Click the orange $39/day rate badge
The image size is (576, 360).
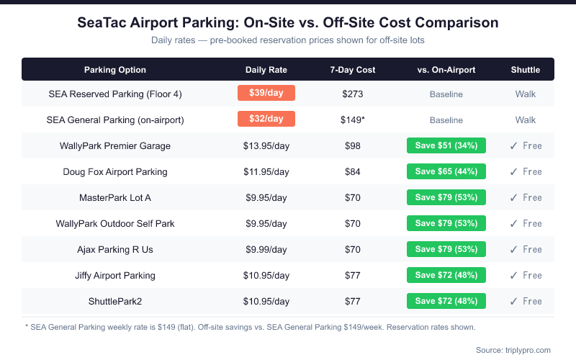(x=266, y=94)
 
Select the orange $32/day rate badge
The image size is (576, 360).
(x=266, y=120)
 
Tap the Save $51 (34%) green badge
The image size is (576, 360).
(x=446, y=145)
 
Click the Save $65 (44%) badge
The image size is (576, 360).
(x=446, y=171)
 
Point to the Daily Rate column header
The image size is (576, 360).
(x=266, y=70)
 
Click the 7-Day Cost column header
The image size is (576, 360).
(x=353, y=70)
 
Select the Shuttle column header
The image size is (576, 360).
(x=526, y=70)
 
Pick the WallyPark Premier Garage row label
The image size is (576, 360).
(x=115, y=145)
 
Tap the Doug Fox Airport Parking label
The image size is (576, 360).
(x=115, y=171)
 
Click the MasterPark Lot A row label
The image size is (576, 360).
(x=115, y=197)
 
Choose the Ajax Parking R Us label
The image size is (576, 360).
(x=115, y=249)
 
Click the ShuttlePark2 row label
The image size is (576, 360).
(x=115, y=301)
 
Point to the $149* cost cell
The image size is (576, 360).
(x=353, y=120)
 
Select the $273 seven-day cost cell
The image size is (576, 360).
(x=353, y=94)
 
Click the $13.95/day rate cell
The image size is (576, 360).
(x=266, y=145)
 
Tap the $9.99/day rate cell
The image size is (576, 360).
(x=266, y=249)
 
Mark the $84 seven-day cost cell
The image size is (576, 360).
(x=353, y=171)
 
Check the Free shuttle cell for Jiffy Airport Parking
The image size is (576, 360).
(x=526, y=275)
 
